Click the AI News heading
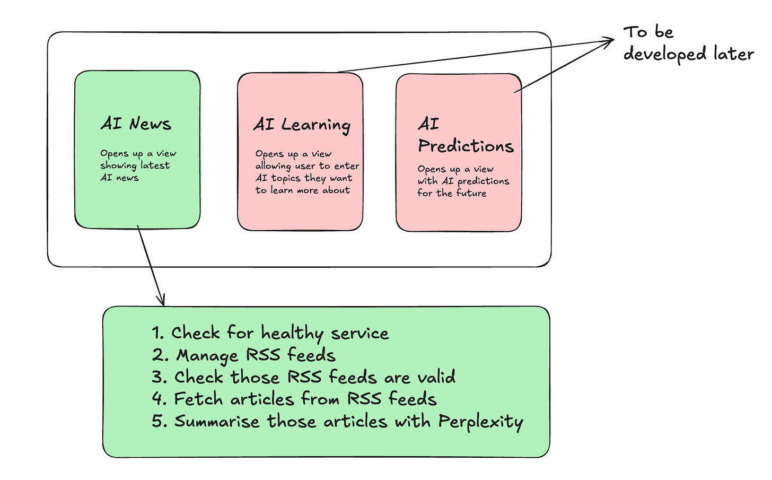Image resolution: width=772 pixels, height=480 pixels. pyautogui.click(x=136, y=124)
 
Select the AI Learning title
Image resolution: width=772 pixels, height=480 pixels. pyautogui.click(x=302, y=125)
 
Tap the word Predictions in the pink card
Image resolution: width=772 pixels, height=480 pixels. pyautogui.click(x=466, y=146)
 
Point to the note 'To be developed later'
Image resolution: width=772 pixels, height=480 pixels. pyautogui.click(x=688, y=43)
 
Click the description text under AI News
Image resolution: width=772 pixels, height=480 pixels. pyautogui.click(x=138, y=165)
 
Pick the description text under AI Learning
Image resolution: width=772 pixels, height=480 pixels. pyautogui.click(x=307, y=172)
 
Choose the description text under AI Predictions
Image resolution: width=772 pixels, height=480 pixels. pyautogui.click(x=463, y=181)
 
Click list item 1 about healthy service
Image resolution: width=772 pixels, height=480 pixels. pyautogui.click(x=270, y=333)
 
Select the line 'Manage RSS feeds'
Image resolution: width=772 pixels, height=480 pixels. pyautogui.click(x=244, y=355)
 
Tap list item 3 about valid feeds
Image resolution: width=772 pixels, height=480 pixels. pyautogui.click(x=304, y=377)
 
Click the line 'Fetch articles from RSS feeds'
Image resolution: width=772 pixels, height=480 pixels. pyautogui.click(x=294, y=399)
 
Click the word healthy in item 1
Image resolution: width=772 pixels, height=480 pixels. pyautogui.click(x=292, y=334)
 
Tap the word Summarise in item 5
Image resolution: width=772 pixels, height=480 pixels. pyautogui.click(x=217, y=421)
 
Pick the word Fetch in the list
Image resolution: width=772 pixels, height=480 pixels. pyautogui.click(x=198, y=399)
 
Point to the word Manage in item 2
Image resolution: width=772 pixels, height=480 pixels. pyautogui.click(x=207, y=356)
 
